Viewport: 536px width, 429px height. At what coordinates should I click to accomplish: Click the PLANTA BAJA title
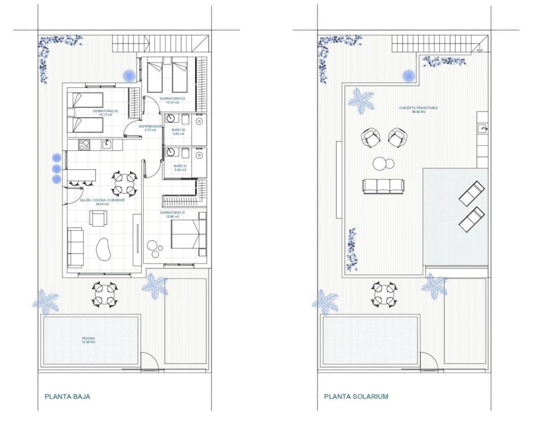67,396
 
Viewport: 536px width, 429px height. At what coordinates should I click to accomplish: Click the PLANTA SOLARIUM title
356,396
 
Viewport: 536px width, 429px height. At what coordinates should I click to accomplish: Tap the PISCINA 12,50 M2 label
89,340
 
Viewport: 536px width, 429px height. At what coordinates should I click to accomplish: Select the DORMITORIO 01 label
173,214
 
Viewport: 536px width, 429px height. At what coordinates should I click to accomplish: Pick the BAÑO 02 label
178,132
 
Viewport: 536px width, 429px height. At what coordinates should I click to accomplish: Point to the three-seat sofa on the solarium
383,186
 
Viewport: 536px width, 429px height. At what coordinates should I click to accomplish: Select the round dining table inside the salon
125,183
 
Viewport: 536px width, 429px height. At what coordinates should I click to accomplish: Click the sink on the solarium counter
483,128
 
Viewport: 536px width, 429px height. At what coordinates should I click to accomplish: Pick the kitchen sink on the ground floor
107,145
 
